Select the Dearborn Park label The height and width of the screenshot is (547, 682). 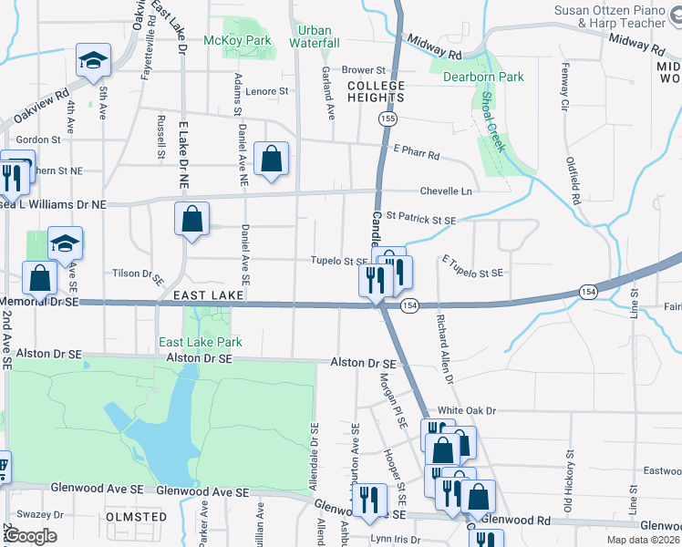click(483, 77)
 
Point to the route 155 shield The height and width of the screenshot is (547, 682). click(389, 119)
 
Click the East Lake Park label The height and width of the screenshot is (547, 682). click(201, 342)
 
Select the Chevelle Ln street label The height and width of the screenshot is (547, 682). click(446, 191)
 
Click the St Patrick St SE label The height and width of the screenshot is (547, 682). click(420, 219)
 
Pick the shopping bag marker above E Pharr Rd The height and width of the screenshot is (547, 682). click(272, 158)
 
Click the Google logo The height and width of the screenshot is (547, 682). click(31, 536)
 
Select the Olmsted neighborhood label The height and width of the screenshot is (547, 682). click(137, 516)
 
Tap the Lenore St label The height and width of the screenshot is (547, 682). click(266, 91)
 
